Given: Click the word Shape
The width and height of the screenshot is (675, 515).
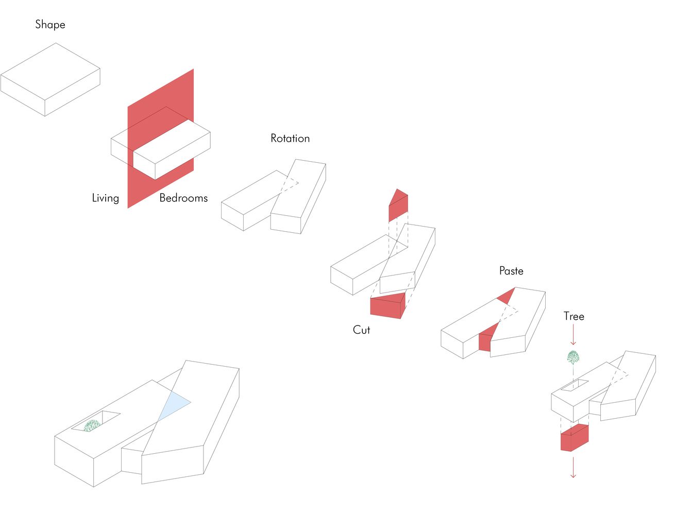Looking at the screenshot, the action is click(50, 25).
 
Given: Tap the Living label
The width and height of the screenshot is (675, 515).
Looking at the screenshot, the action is click(106, 198).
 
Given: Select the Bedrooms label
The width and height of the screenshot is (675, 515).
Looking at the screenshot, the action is click(183, 198).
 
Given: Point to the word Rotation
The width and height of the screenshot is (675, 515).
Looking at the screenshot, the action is click(290, 138).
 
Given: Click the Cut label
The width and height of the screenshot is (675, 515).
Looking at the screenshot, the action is click(361, 330).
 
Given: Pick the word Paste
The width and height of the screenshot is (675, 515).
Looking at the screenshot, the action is click(511, 271).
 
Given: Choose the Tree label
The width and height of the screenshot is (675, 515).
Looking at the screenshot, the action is click(574, 316).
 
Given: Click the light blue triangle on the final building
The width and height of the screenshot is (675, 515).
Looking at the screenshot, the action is click(174, 406).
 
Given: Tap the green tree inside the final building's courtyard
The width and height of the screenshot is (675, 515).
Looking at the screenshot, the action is click(92, 425).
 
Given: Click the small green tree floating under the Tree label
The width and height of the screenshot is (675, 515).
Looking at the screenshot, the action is click(573, 357).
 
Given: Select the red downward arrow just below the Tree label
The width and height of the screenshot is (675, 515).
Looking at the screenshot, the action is click(573, 334).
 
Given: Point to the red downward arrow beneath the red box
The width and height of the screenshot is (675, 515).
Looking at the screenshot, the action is click(573, 468).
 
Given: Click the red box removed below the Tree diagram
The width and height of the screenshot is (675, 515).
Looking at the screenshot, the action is click(575, 438).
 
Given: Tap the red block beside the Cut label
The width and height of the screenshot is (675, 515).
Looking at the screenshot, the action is click(388, 305).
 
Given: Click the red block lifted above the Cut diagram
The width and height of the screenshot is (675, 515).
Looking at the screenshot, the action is click(398, 205).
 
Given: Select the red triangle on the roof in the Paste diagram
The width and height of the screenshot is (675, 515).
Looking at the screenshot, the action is click(506, 296).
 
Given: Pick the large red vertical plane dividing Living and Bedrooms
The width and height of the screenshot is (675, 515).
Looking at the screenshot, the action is click(161, 139).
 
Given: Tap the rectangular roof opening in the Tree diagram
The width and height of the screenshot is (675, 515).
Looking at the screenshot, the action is click(575, 385).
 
